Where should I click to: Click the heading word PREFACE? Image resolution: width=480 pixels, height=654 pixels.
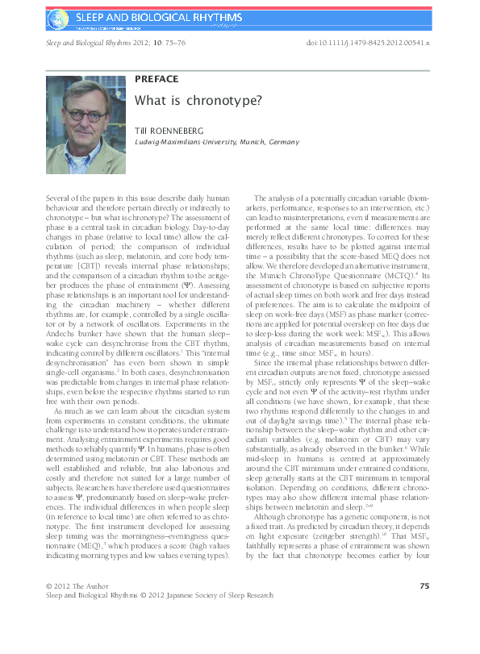coord(157,79)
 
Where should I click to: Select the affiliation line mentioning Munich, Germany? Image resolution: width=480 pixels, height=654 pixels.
coord(216,142)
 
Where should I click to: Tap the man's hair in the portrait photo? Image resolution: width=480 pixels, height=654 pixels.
coord(84,86)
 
